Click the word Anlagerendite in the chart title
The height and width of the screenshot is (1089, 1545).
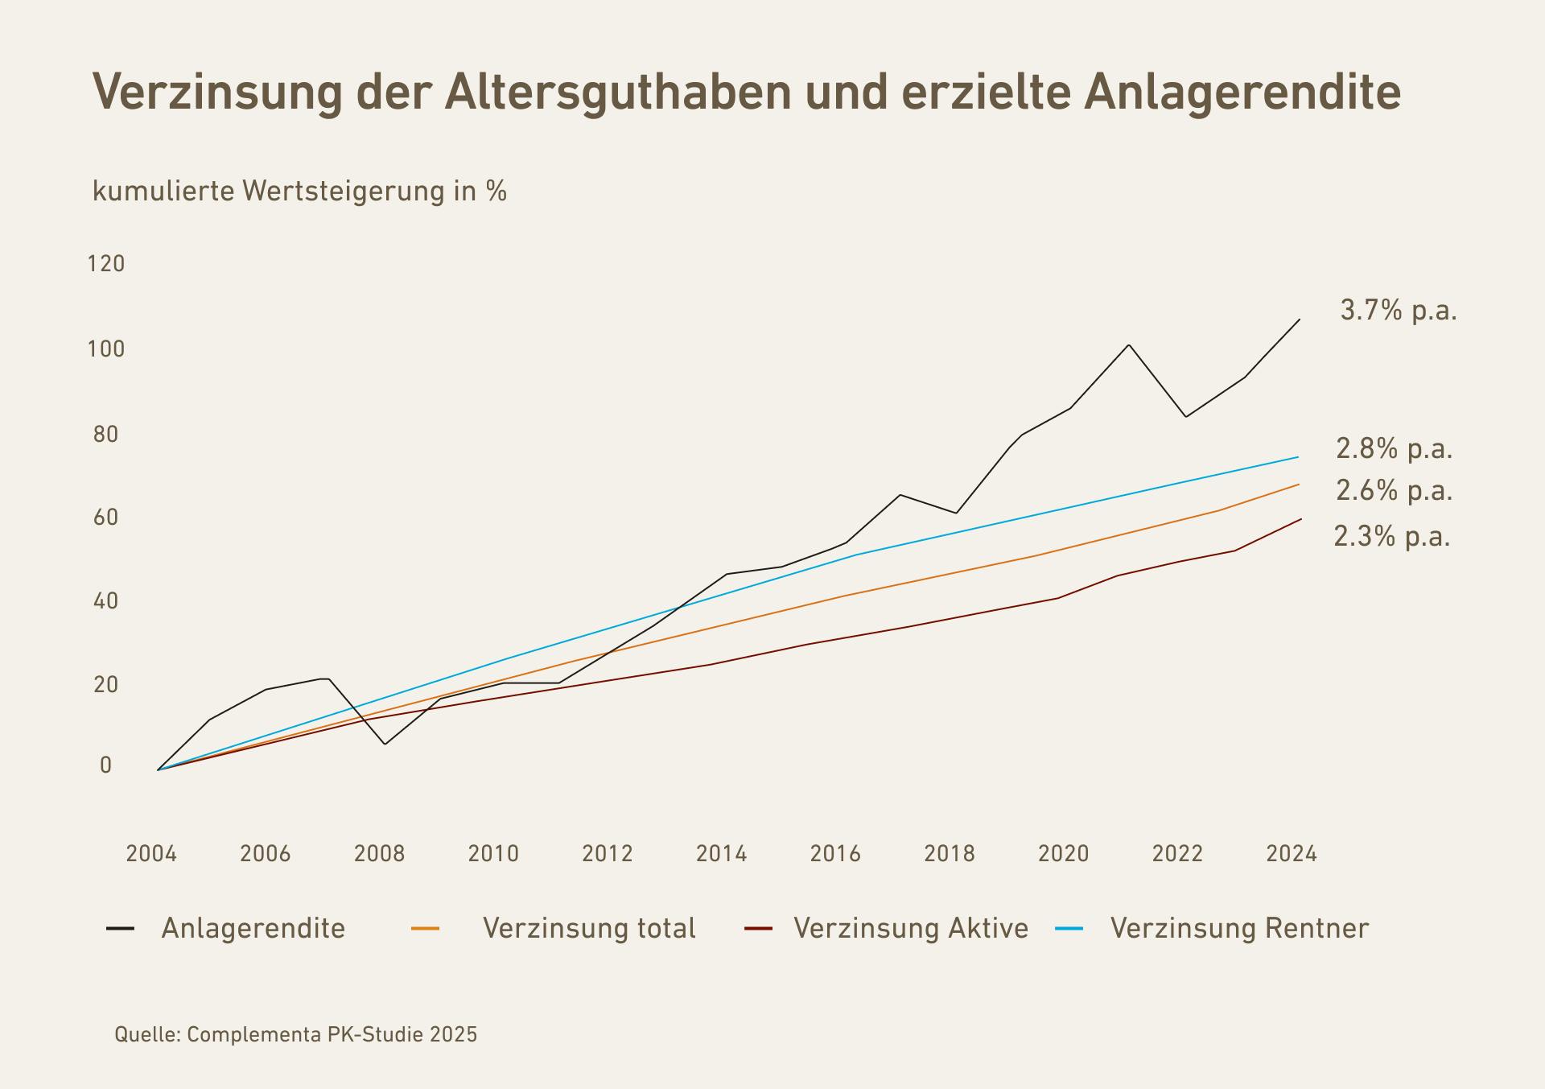(1242, 92)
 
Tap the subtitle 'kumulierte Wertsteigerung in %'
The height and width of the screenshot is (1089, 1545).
(299, 192)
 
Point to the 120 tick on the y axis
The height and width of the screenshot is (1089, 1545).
(106, 264)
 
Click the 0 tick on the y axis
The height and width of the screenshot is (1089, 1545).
(106, 765)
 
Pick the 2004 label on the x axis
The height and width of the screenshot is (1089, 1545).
(151, 853)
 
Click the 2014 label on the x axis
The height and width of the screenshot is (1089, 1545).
(721, 853)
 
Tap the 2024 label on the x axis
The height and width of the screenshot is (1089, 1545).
(1292, 853)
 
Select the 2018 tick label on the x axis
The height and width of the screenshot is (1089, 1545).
(950, 853)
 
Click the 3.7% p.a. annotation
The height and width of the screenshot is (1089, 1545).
(1399, 311)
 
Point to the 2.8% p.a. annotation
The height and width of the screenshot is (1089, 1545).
(1394, 449)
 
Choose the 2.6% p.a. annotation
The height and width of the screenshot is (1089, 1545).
(1394, 491)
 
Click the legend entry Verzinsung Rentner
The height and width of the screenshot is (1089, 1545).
(1239, 929)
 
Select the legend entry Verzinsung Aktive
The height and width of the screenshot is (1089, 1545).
(910, 929)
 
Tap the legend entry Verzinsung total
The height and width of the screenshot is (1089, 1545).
(588, 929)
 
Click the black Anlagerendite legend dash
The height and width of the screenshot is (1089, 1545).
(121, 929)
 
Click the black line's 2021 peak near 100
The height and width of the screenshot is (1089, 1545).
(1129, 346)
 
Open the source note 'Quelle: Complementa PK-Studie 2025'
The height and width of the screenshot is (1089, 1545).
(295, 1034)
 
